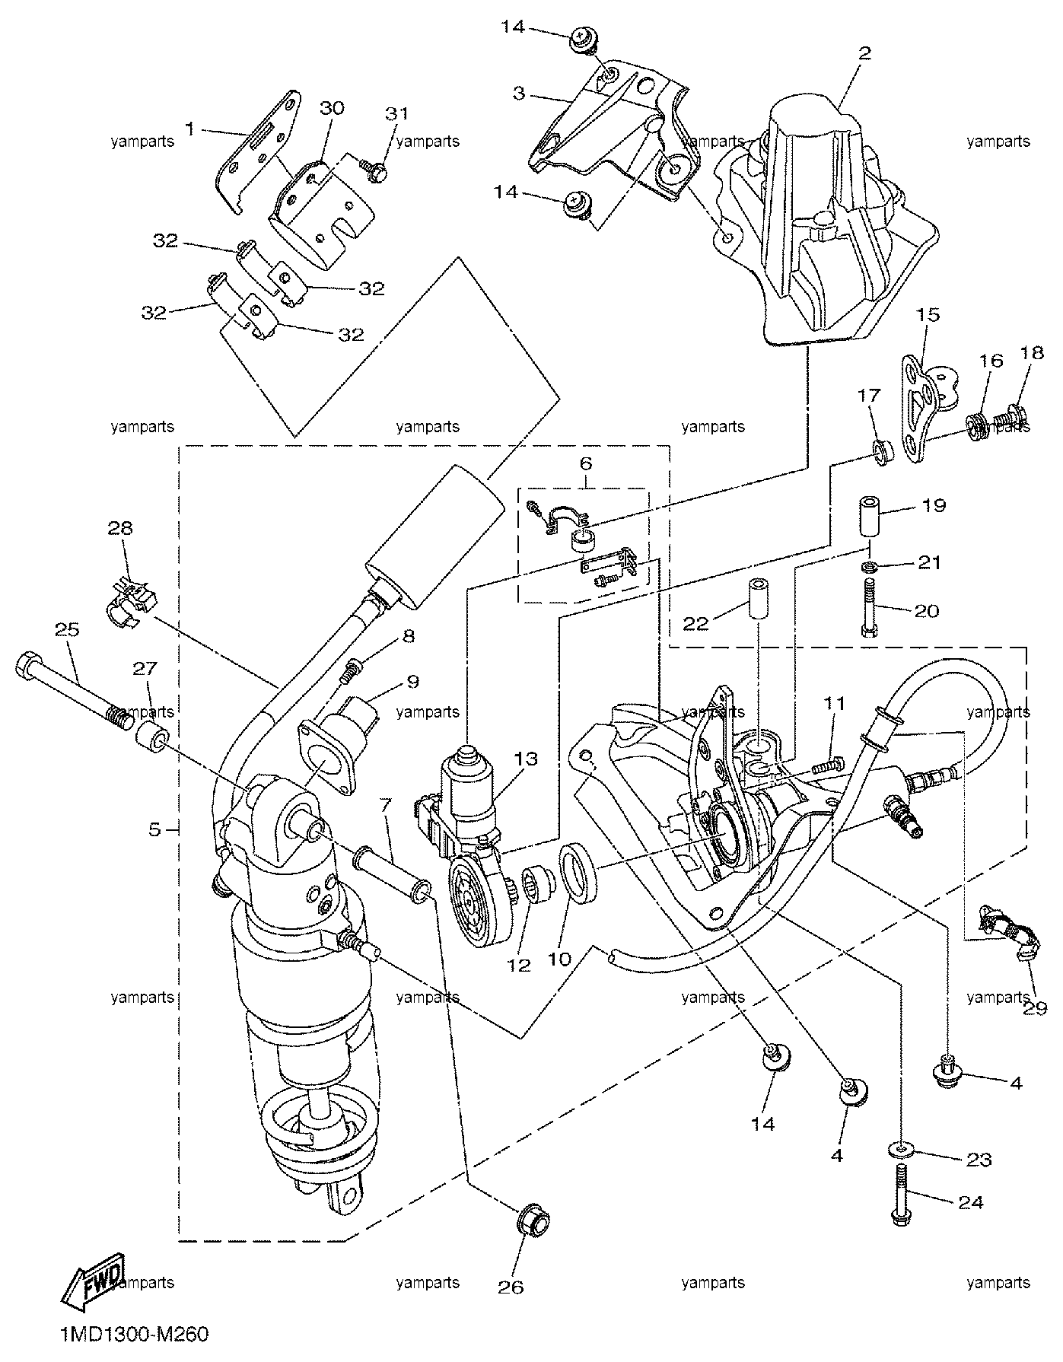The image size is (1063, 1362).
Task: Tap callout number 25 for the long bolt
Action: click(67, 629)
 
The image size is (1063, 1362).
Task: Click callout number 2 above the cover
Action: click(864, 53)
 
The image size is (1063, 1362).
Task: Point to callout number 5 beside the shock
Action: click(154, 829)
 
